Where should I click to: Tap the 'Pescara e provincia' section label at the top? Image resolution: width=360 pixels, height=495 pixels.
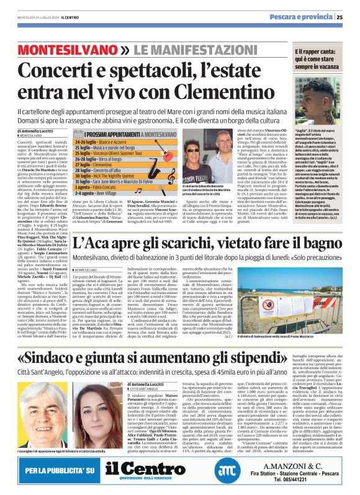(305, 17)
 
